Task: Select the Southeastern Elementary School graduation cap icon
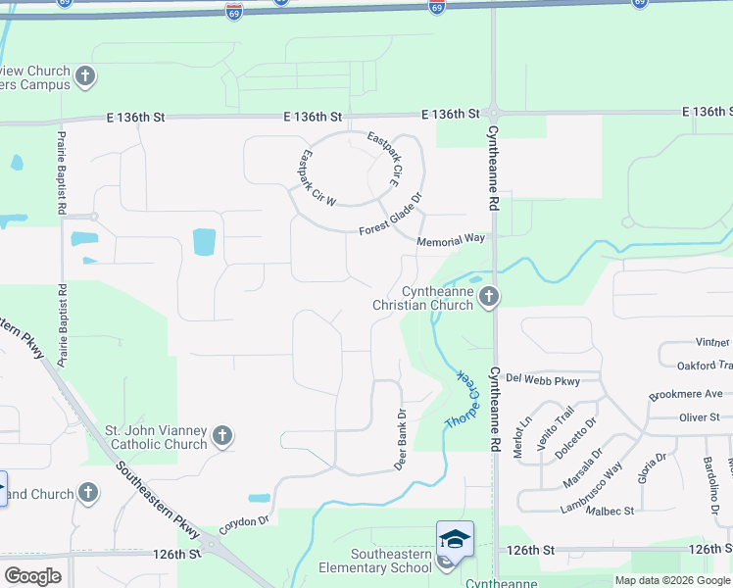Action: [x=454, y=539]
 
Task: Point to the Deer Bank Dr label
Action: [x=400, y=440]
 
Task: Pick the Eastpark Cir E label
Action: [x=384, y=161]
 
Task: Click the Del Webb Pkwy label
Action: [x=545, y=380]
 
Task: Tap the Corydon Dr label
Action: [x=243, y=524]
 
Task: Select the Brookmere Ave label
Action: [x=685, y=394]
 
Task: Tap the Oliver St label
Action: [x=700, y=417]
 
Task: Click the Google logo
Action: [x=33, y=575]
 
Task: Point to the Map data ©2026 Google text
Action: [x=672, y=580]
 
